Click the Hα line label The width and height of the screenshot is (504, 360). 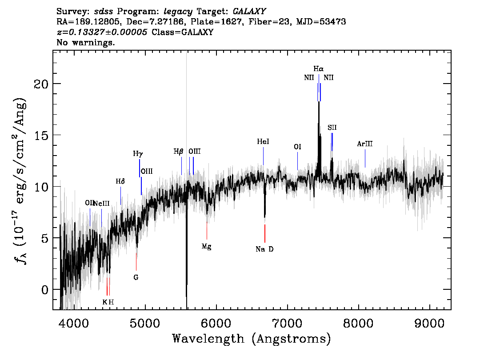click(x=319, y=69)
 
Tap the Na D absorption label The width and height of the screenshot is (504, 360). click(x=264, y=249)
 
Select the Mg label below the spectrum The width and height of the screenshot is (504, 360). click(x=206, y=247)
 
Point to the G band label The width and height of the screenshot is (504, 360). click(x=136, y=277)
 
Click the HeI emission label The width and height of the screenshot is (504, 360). click(x=263, y=141)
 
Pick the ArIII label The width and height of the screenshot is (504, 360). click(x=365, y=144)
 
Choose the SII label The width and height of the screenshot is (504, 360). click(x=332, y=128)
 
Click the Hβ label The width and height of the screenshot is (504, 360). click(x=178, y=152)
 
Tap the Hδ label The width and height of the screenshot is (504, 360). click(x=120, y=182)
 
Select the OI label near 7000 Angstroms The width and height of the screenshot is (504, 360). click(x=298, y=147)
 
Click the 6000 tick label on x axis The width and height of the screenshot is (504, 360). click(x=216, y=323)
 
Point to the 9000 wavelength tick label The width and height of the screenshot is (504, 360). click(x=429, y=323)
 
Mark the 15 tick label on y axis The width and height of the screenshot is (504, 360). click(x=41, y=135)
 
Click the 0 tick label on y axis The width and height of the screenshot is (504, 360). click(x=45, y=290)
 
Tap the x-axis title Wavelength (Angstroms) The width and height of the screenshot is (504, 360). click(x=252, y=339)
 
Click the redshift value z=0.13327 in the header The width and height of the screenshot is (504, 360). click(x=102, y=32)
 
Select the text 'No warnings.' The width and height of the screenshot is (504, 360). click(x=85, y=42)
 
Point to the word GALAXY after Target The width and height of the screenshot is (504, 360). click(x=249, y=12)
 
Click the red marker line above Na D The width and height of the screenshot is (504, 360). click(x=264, y=233)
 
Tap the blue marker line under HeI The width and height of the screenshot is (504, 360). click(x=263, y=156)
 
